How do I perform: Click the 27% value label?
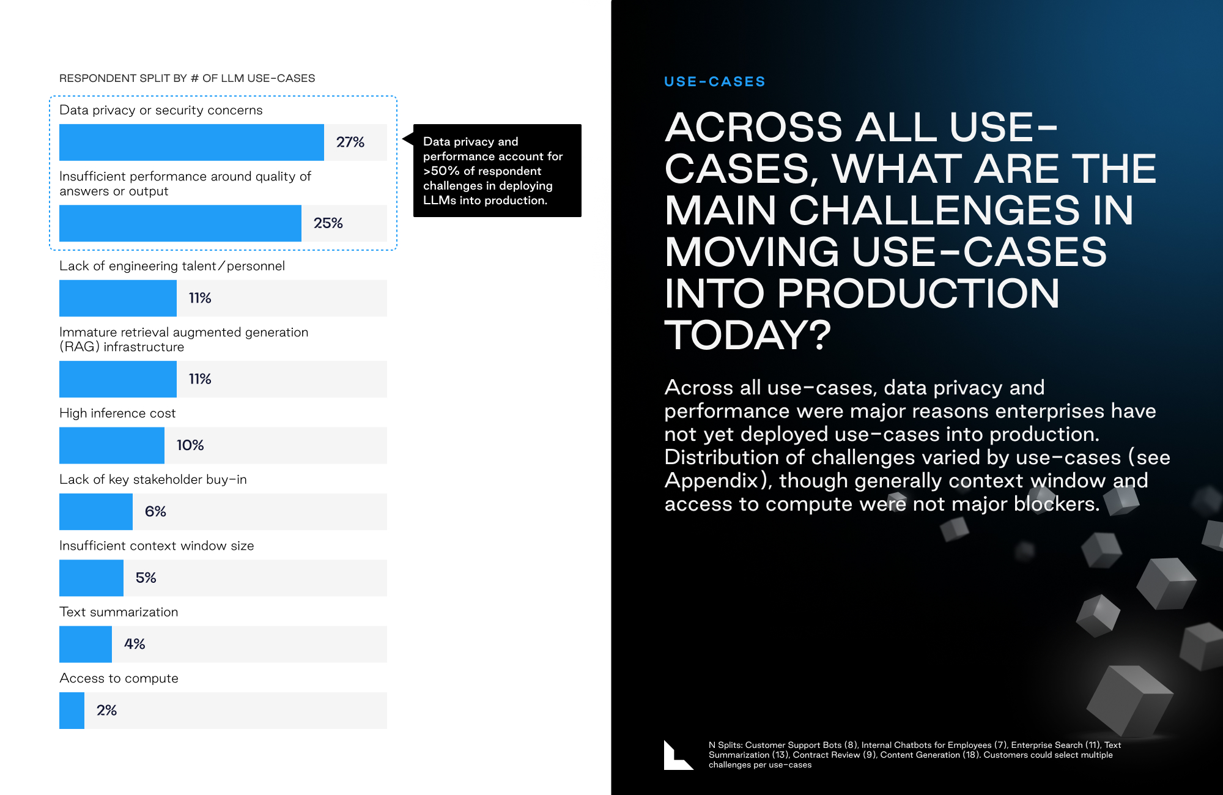(x=350, y=142)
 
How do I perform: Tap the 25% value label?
(x=328, y=223)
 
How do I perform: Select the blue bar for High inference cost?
(x=112, y=445)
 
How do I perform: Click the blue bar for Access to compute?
(x=72, y=711)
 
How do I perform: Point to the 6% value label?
(x=155, y=511)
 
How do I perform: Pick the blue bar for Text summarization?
(x=86, y=644)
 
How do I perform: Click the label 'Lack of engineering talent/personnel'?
(x=172, y=266)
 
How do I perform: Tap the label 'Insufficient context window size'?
(x=157, y=545)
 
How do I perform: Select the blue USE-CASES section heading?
(x=715, y=81)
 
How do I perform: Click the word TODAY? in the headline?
(x=748, y=335)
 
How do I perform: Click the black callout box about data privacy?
(x=497, y=171)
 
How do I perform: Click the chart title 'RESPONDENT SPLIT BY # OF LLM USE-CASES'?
(x=187, y=78)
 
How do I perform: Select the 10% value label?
(x=190, y=445)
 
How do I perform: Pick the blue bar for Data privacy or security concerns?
(x=191, y=142)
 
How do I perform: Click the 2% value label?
(x=106, y=711)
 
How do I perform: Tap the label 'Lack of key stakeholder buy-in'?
(x=153, y=479)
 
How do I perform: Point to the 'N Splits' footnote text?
(x=914, y=755)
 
